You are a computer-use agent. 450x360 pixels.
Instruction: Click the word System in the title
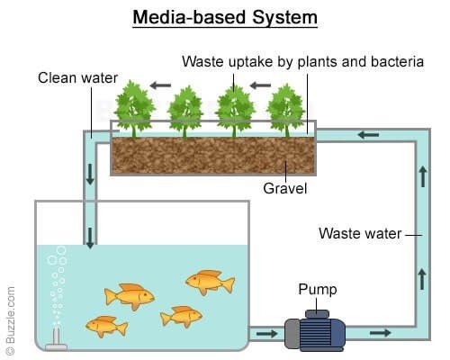click(284, 18)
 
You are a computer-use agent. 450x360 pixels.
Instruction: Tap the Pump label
click(318, 290)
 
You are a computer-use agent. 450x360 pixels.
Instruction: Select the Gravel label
click(285, 189)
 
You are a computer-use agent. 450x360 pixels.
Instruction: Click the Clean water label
click(77, 78)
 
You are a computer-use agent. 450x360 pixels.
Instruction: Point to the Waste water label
click(360, 233)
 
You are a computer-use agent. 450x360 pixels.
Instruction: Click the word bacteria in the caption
click(397, 61)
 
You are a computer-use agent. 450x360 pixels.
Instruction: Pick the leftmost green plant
click(134, 109)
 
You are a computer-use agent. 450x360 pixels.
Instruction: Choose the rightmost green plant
click(285, 111)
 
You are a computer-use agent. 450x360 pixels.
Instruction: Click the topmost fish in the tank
click(210, 282)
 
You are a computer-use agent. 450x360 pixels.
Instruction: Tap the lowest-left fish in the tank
click(106, 327)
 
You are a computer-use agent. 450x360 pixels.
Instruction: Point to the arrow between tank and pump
click(266, 333)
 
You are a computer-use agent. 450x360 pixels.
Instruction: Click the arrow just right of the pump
click(381, 332)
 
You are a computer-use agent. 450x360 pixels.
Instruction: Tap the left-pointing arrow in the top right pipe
click(368, 135)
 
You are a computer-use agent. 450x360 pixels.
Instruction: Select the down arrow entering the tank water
click(90, 238)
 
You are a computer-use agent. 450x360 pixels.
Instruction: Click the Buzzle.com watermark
click(10, 320)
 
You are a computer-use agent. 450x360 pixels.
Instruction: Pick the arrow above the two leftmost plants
click(160, 85)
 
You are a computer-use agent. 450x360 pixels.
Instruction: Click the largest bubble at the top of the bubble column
click(61, 250)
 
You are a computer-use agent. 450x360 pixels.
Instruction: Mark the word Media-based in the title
click(189, 18)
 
